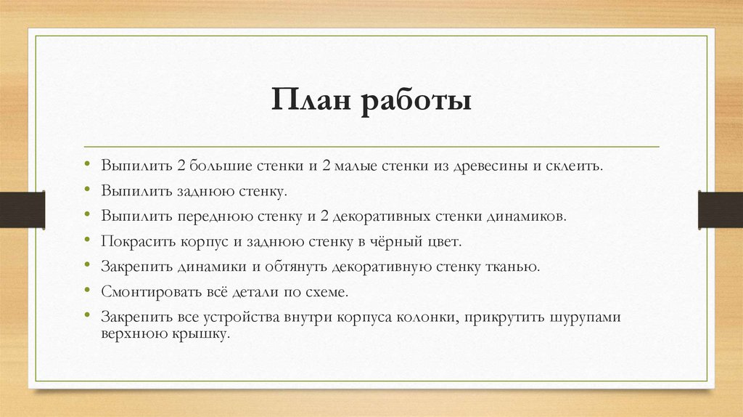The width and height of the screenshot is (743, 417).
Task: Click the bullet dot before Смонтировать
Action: click(x=86, y=292)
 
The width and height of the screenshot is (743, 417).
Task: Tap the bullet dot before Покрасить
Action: click(x=86, y=241)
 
